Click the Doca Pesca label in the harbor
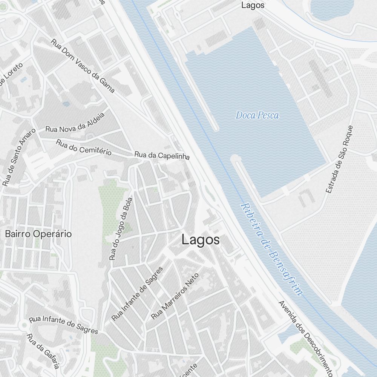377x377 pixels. point(257,115)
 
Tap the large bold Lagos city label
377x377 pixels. point(201,240)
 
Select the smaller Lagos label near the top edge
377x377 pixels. point(253,5)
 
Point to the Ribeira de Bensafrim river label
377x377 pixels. point(271,249)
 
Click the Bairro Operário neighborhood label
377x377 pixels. point(38,234)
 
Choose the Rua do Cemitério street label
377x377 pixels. point(84,147)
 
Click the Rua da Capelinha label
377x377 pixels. point(162,155)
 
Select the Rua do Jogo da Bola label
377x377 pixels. point(121,229)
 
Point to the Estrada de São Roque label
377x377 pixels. point(340,159)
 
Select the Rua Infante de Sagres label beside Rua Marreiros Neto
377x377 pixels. point(137,294)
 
